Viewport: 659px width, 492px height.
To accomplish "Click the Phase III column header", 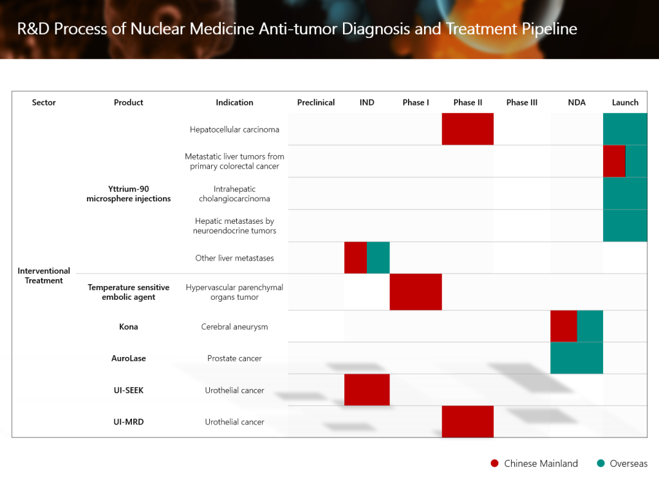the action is (x=521, y=102).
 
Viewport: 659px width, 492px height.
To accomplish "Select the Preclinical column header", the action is (x=316, y=102).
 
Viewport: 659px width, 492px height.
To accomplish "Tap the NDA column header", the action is (x=577, y=102).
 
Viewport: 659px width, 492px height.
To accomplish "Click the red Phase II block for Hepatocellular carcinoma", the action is (x=468, y=129).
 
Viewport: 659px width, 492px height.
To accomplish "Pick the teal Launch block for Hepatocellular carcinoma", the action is (x=625, y=129).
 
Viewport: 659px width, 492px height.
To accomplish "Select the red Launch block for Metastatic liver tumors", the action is (x=614, y=161).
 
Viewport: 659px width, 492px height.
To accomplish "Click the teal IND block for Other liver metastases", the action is (x=378, y=257).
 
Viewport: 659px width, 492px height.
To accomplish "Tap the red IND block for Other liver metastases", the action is (x=355, y=257).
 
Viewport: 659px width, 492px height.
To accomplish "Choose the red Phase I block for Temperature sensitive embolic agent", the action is (x=416, y=292).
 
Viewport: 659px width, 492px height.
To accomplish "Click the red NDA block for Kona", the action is (x=564, y=326).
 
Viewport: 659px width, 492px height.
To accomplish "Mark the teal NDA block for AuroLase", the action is (x=577, y=358).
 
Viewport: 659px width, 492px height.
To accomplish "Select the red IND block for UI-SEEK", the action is (x=367, y=390).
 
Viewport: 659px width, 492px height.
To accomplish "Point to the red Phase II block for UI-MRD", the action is (x=468, y=421).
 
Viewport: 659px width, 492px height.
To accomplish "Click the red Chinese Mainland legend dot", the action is (x=495, y=463).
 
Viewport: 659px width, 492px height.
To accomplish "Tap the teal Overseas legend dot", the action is (x=601, y=463).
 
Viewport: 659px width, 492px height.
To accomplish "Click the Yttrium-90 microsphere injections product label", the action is (x=129, y=194).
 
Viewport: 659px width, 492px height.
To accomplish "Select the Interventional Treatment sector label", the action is (x=44, y=276).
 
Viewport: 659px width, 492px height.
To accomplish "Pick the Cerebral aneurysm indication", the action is (x=234, y=327).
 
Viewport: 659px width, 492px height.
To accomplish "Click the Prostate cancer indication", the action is (x=234, y=358).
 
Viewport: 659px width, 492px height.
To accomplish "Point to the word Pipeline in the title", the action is (x=550, y=29).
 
